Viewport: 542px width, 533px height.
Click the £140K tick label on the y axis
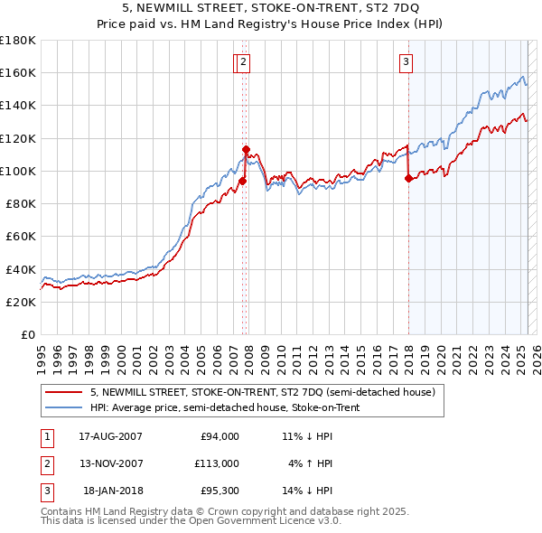point(18,105)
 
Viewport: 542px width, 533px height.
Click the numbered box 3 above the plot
point(406,62)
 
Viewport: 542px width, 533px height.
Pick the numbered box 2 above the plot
point(245,62)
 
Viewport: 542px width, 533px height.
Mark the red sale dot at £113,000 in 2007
point(246,150)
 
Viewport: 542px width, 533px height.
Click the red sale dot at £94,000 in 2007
point(242,181)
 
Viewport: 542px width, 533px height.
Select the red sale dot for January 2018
point(408,179)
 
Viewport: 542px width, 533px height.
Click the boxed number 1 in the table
point(44,437)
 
